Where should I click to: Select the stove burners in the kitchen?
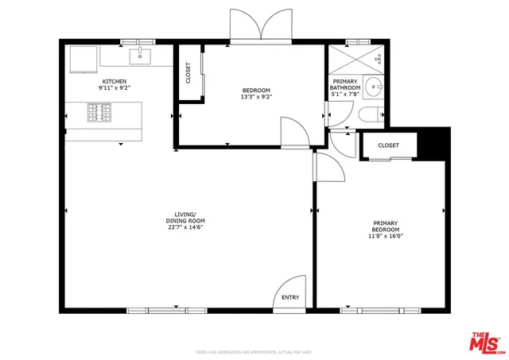[x=100, y=116]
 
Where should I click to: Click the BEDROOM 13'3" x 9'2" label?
[x=256, y=90]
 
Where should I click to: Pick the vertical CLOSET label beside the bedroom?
[x=188, y=73]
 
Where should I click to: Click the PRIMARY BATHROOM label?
[x=345, y=83]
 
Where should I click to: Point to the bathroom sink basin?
[x=375, y=86]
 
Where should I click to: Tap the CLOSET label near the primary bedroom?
[x=388, y=145]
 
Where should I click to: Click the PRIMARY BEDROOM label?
[x=386, y=226]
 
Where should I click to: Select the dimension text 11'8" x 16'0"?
[x=386, y=236]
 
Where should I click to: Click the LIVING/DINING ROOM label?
[x=185, y=218]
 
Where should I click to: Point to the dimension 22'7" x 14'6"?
[x=185, y=227]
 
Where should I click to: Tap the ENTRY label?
[x=290, y=298]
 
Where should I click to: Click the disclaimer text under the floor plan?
[x=254, y=351]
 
